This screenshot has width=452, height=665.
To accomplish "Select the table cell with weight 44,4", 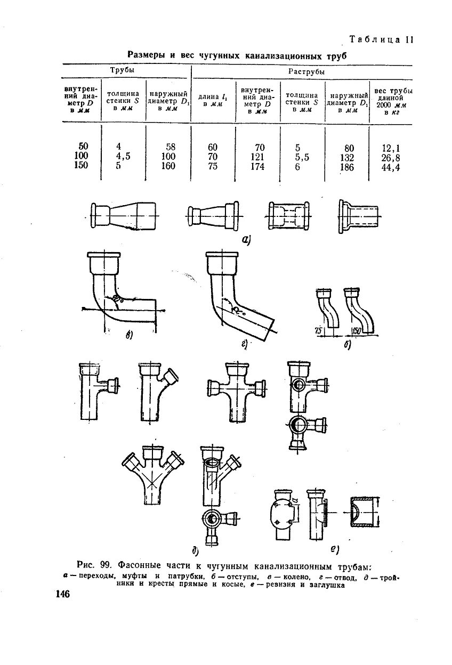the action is pos(391,167).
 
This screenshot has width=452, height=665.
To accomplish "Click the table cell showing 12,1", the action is pos(391,148).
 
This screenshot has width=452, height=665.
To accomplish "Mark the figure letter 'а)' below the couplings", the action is pos(246,240).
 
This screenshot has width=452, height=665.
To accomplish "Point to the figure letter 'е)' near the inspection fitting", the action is pos(335,547).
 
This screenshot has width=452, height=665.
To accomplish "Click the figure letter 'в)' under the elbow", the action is pos(129,335).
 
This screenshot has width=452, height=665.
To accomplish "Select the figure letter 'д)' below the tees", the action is pos(195,549).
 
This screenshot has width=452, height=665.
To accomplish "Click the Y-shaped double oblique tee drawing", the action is pos(152,474).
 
